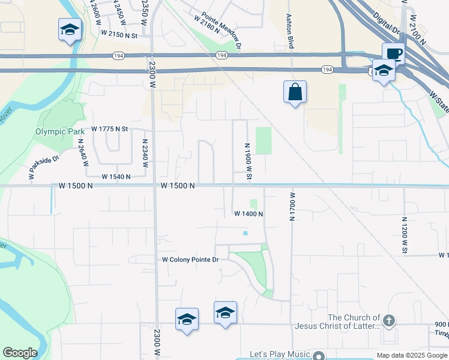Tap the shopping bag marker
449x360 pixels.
click(295, 92)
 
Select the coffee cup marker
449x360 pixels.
click(393, 53)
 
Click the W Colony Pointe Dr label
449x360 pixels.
click(191, 260)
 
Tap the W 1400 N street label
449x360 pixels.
click(249, 214)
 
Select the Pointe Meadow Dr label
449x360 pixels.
click(221, 31)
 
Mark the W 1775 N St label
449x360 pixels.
click(110, 129)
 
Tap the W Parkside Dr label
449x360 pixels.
click(44, 168)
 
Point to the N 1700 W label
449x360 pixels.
click(292, 206)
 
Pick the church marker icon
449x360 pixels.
click(389, 321)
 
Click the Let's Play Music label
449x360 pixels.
click(281, 355)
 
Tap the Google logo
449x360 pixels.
click(20, 353)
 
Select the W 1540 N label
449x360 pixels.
click(116, 177)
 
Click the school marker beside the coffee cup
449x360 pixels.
click(383, 71)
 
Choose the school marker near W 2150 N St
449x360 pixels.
click(70, 30)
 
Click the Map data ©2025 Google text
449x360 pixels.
click(412, 355)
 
